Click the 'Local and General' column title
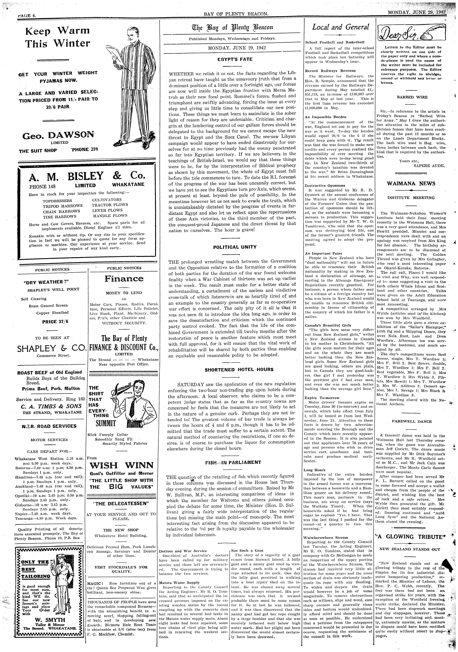pyautogui.click(x=341, y=27)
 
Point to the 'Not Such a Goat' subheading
pyautogui.click(x=247, y=550)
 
